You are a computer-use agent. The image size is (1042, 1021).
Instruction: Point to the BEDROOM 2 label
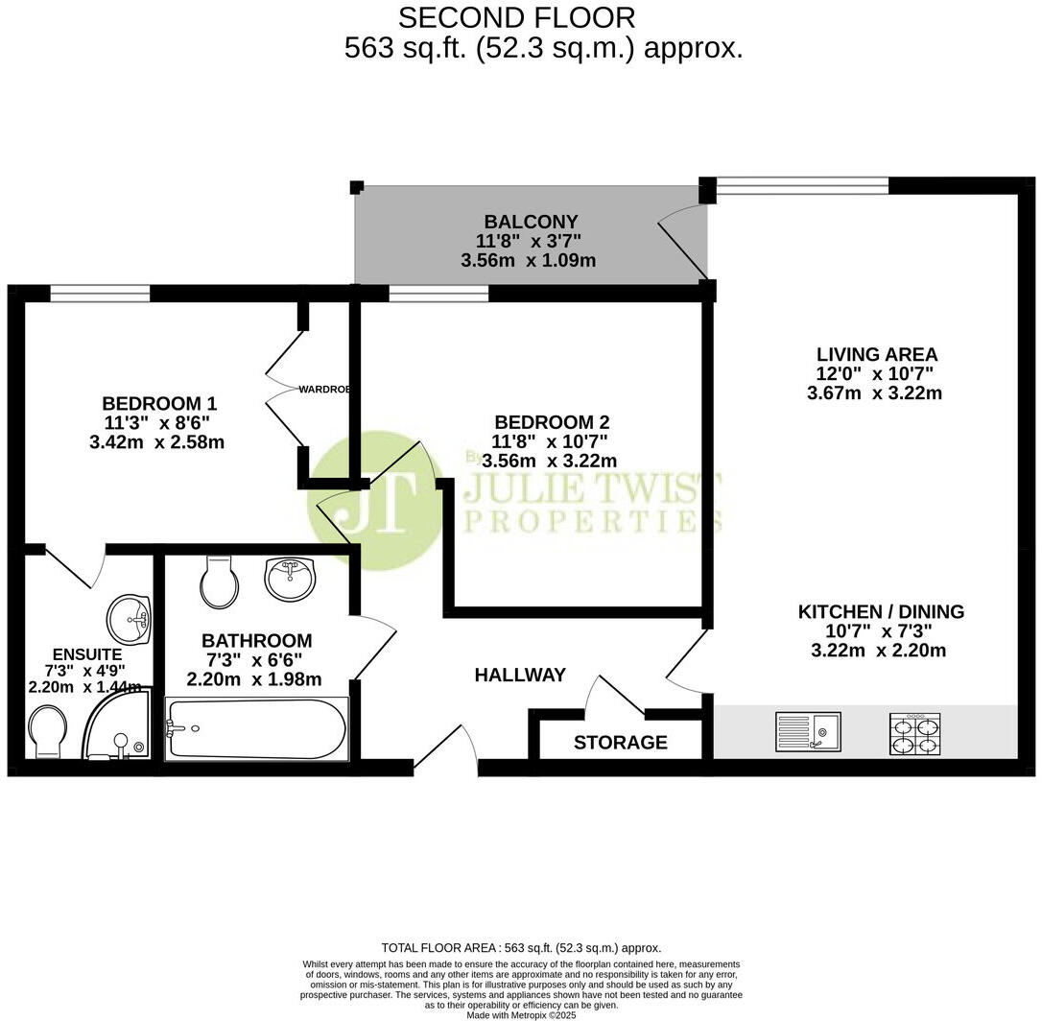552,422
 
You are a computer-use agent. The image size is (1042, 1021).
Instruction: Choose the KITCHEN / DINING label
881,611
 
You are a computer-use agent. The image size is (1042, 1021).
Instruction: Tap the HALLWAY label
520,676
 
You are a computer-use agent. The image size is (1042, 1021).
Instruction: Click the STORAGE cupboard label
620,743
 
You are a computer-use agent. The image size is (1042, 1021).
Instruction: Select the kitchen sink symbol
807,731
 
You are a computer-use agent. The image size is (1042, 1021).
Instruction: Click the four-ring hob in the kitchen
915,733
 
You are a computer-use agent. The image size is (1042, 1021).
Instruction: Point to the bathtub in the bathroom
256,730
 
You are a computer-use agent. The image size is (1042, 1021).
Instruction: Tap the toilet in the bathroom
221,582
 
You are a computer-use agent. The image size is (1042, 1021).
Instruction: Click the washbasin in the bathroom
289,579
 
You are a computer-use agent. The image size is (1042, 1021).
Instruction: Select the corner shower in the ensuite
118,726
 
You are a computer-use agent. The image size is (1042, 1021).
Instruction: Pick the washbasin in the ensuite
128,618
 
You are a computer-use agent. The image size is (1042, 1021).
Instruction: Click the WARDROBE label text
323,390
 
